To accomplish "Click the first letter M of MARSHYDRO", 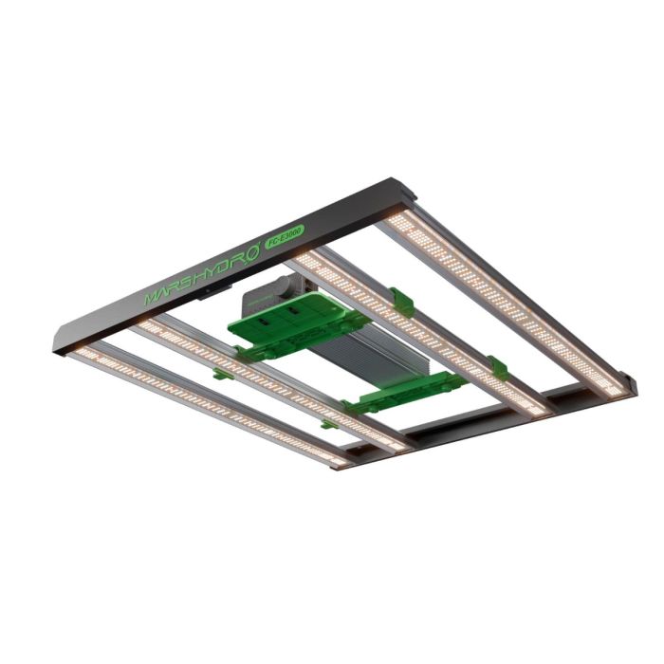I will click(x=152, y=298).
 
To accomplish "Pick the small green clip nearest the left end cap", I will click(x=220, y=373).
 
